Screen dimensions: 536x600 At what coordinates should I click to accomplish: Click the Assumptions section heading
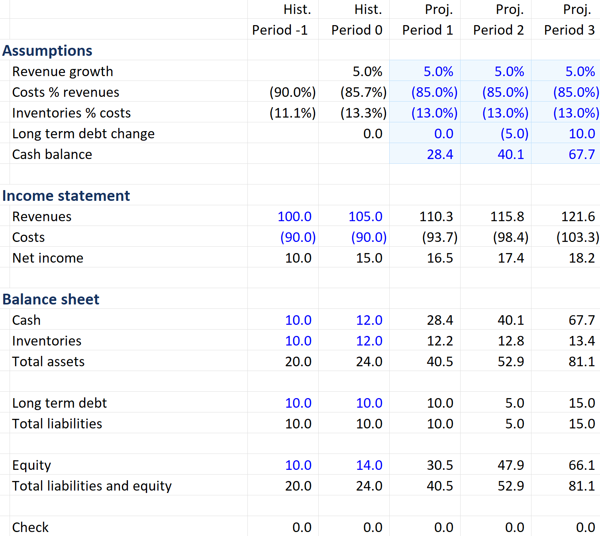(x=47, y=51)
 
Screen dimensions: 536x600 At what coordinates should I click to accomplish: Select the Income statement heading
(x=66, y=196)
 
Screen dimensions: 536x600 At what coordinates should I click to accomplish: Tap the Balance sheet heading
(x=51, y=299)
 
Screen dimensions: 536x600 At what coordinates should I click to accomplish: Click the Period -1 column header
(x=280, y=30)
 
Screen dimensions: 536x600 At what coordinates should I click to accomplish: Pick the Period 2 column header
(x=498, y=30)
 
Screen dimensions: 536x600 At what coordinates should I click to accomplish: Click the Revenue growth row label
(x=63, y=71)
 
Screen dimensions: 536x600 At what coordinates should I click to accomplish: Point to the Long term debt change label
(x=83, y=134)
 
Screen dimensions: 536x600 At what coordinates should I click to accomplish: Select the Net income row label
(x=48, y=258)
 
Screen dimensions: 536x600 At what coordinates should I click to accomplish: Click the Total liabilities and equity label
(x=92, y=486)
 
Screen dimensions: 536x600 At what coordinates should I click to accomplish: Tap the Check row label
(x=30, y=527)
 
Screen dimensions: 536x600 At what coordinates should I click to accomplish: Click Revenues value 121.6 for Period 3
(x=578, y=216)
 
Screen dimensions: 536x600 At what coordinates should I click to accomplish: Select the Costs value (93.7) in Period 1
(x=439, y=237)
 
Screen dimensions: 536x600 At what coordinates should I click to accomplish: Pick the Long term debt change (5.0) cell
(x=514, y=134)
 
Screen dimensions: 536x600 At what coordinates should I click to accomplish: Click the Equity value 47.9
(x=511, y=465)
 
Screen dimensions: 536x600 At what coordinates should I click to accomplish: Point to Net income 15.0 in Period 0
(x=369, y=258)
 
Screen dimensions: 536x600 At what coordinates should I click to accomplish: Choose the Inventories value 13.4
(x=582, y=341)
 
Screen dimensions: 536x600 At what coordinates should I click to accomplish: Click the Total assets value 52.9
(x=511, y=361)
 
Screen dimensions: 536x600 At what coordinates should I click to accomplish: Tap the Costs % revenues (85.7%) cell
(x=363, y=92)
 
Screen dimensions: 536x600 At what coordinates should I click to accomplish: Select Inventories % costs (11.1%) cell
(x=292, y=113)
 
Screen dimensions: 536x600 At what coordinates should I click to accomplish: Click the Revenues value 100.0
(x=294, y=216)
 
